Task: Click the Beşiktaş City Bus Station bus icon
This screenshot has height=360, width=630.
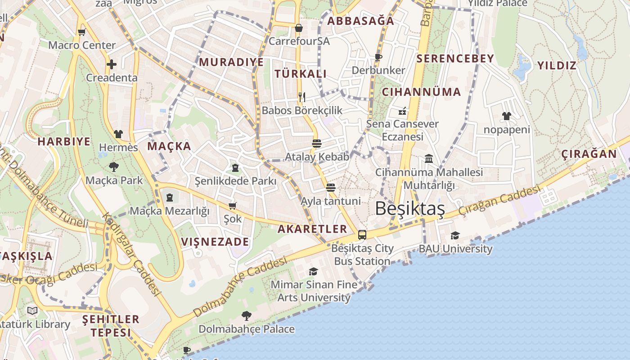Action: (362, 235)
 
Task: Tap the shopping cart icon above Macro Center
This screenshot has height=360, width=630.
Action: (81, 32)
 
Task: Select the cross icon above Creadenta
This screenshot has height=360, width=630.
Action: (111, 64)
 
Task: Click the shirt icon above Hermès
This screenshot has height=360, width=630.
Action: (118, 134)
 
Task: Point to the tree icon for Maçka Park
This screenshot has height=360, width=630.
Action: (114, 167)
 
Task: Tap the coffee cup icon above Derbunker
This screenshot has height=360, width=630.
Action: (378, 57)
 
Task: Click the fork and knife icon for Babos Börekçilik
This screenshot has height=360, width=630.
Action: (302, 97)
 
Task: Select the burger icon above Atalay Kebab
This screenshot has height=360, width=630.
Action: (317, 144)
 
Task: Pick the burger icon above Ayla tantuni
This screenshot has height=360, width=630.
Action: (331, 187)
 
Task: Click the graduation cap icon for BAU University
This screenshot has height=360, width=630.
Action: (455, 235)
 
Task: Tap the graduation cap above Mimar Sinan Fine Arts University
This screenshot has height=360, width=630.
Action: (313, 271)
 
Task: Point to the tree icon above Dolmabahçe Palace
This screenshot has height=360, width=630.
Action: (246, 315)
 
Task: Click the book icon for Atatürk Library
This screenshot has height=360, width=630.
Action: (32, 310)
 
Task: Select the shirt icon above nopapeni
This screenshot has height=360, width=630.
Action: (507, 116)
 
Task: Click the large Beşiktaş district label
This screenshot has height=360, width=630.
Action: (409, 209)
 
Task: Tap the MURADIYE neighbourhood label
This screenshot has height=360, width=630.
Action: (231, 62)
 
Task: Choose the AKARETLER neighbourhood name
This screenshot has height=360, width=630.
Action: (312, 229)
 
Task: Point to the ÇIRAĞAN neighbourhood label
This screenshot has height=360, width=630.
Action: (589, 154)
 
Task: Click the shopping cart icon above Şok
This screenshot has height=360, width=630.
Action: (232, 206)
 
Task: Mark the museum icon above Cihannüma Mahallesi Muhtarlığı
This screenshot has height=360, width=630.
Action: (428, 159)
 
